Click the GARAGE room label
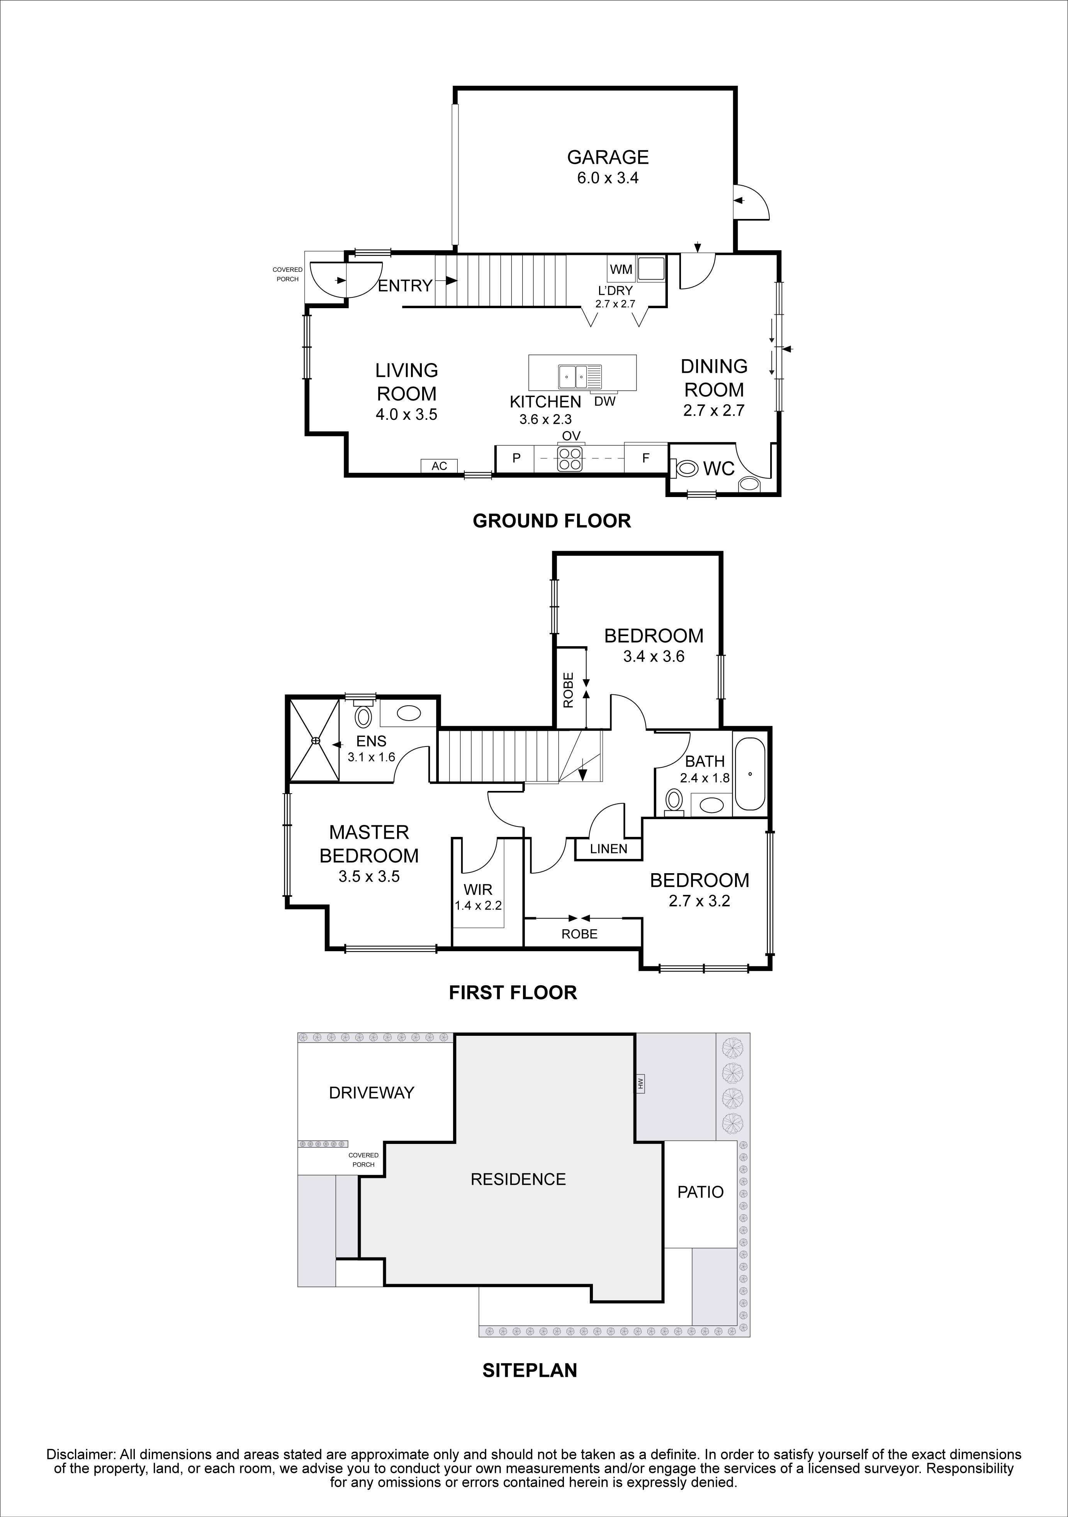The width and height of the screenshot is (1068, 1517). coord(607,157)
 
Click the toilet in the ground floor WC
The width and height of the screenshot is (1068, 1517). coord(686,469)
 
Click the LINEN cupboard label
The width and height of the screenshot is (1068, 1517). coord(608,849)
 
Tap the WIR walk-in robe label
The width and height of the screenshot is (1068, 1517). coord(478,890)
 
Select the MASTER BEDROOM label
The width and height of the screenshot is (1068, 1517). coord(369,844)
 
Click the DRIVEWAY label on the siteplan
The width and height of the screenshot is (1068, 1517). coord(372,1093)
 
